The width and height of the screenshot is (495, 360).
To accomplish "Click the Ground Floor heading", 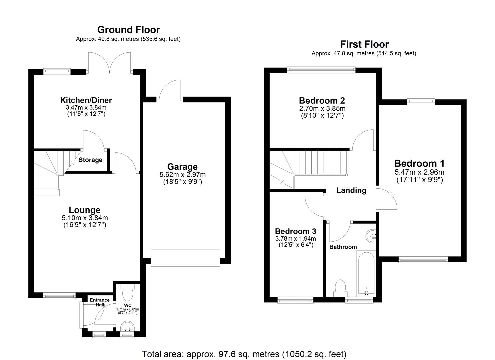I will pyautogui.click(x=128, y=30).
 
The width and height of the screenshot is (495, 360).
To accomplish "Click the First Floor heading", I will pyautogui.click(x=364, y=44).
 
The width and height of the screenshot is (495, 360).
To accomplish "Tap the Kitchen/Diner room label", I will pyautogui.click(x=86, y=100).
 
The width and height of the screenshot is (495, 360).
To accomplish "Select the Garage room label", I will pyautogui.click(x=182, y=167).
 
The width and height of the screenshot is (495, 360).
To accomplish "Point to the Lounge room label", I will pyautogui.click(x=85, y=210).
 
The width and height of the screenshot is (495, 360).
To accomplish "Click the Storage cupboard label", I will pyautogui.click(x=90, y=160).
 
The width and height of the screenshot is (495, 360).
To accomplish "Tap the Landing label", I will pyautogui.click(x=351, y=190).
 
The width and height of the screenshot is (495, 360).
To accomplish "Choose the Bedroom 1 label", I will pyautogui.click(x=419, y=163).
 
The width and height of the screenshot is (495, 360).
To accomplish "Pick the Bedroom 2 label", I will pyautogui.click(x=322, y=100).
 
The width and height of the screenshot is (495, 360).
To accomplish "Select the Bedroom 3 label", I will pyautogui.click(x=295, y=231).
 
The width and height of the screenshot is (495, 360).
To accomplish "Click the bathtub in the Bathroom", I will pyautogui.click(x=366, y=273).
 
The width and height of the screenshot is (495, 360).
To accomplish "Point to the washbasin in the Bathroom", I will pyautogui.click(x=371, y=236).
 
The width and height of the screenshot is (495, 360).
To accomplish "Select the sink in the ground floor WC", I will pyautogui.click(x=127, y=326).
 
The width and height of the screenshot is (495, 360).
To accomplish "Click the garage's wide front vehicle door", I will pyautogui.click(x=185, y=258).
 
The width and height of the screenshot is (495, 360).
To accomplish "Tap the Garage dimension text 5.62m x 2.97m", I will pyautogui.click(x=182, y=175).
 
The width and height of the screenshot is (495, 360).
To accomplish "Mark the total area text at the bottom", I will pyautogui.click(x=244, y=354).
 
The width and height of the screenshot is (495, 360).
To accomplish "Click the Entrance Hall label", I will pyautogui.click(x=100, y=302).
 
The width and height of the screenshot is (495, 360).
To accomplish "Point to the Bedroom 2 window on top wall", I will pyautogui.click(x=321, y=70).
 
